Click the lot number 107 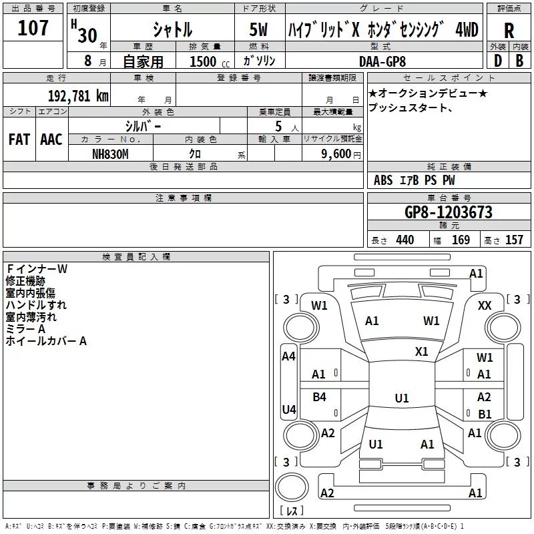tap(33, 27)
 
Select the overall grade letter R tap(509, 31)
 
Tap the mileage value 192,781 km tap(78, 96)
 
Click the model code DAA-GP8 tap(382, 61)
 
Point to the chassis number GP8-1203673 tap(449, 212)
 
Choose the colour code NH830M tap(110, 154)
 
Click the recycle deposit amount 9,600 tap(336, 154)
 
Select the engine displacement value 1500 tap(203, 61)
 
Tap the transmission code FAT tap(19, 140)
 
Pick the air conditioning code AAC tap(51, 140)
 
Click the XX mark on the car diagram tap(485, 306)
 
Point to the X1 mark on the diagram tap(422, 352)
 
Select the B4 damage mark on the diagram tap(320, 396)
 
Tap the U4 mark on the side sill tap(289, 409)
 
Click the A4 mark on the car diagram tap(288, 356)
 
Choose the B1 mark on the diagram tap(485, 414)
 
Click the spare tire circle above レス tap(292, 487)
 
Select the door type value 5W tap(258, 29)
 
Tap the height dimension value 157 tap(514, 240)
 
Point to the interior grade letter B tap(519, 61)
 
